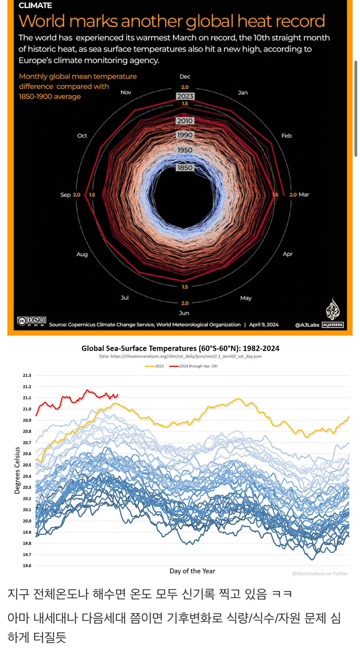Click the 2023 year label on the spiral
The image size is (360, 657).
pyautogui.click(x=185, y=96)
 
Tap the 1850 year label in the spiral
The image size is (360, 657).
pyautogui.click(x=185, y=168)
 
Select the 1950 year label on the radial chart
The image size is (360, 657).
pyautogui.click(x=185, y=150)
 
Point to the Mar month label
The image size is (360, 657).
pyautogui.click(x=304, y=194)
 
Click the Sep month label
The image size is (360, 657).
pyautogui.click(x=65, y=195)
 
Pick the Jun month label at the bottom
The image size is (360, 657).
pyautogui.click(x=184, y=313)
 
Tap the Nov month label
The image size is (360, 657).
pyautogui.click(x=126, y=92)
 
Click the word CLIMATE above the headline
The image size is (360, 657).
pyautogui.click(x=35, y=6)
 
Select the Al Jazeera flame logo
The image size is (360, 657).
pyautogui.click(x=332, y=309)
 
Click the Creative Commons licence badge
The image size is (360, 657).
pyautogui.click(x=32, y=321)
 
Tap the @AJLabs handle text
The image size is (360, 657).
pyautogui.click(x=307, y=325)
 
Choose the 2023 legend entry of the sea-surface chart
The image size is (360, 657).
pyautogui.click(x=155, y=366)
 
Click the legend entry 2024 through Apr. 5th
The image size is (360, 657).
pyautogui.click(x=194, y=366)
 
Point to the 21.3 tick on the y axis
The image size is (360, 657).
pyautogui.click(x=27, y=375)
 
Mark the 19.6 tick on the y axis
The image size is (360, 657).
pyautogui.click(x=27, y=566)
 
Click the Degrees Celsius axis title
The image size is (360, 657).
pyautogui.click(x=17, y=471)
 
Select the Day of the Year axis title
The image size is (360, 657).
pyautogui.click(x=192, y=571)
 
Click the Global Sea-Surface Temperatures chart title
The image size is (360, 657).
pyautogui.click(x=180, y=349)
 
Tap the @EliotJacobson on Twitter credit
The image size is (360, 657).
pyautogui.click(x=320, y=574)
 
